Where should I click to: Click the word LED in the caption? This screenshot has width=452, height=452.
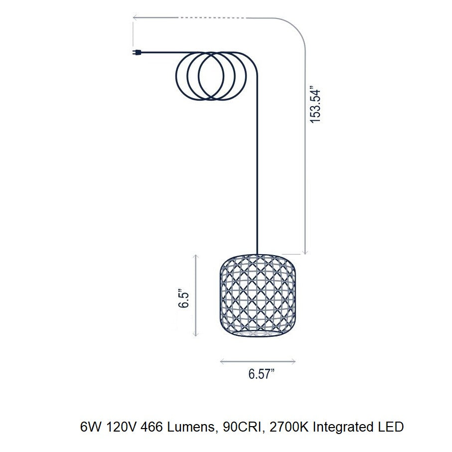coord(391,428)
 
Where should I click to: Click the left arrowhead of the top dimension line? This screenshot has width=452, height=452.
coord(135,18)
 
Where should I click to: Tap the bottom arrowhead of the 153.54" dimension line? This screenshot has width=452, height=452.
coord(305,252)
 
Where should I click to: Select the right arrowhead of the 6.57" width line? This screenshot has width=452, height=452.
coord(294,361)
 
